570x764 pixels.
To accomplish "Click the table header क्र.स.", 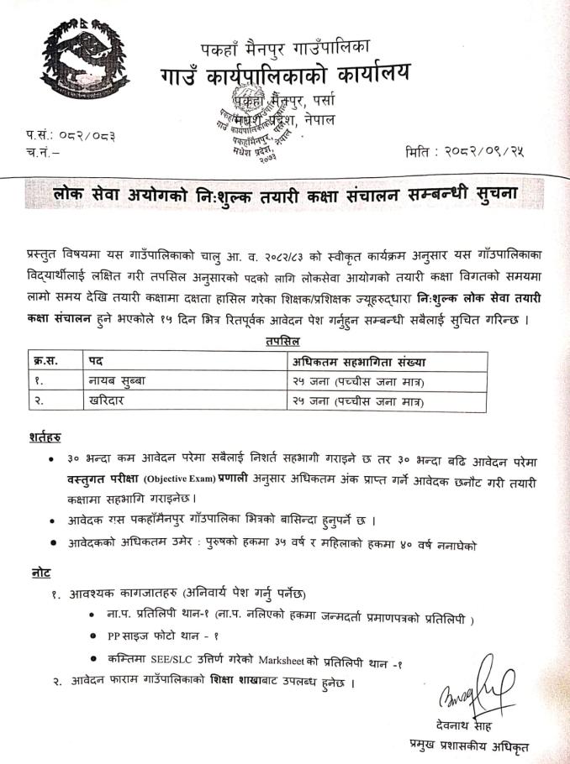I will click(x=48, y=362).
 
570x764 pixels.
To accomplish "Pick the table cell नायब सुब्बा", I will click(x=118, y=382).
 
